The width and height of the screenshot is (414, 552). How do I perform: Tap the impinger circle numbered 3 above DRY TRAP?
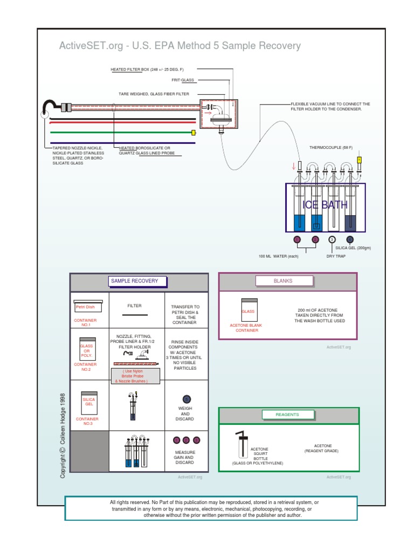click(x=332, y=239)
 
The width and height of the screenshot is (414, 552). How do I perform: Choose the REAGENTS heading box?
click(x=287, y=415)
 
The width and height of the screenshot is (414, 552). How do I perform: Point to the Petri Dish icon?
click(x=85, y=306)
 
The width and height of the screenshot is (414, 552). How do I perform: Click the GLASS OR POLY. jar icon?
click(x=87, y=349)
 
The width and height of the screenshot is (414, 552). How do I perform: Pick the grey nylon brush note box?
click(x=135, y=376)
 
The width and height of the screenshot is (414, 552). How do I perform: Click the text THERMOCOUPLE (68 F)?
click(x=330, y=148)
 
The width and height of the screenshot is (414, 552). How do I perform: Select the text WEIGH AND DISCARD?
click(x=184, y=413)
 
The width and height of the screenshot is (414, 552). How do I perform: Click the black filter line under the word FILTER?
click(x=134, y=314)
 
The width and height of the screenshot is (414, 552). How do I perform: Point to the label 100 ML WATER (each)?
click(x=278, y=256)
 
